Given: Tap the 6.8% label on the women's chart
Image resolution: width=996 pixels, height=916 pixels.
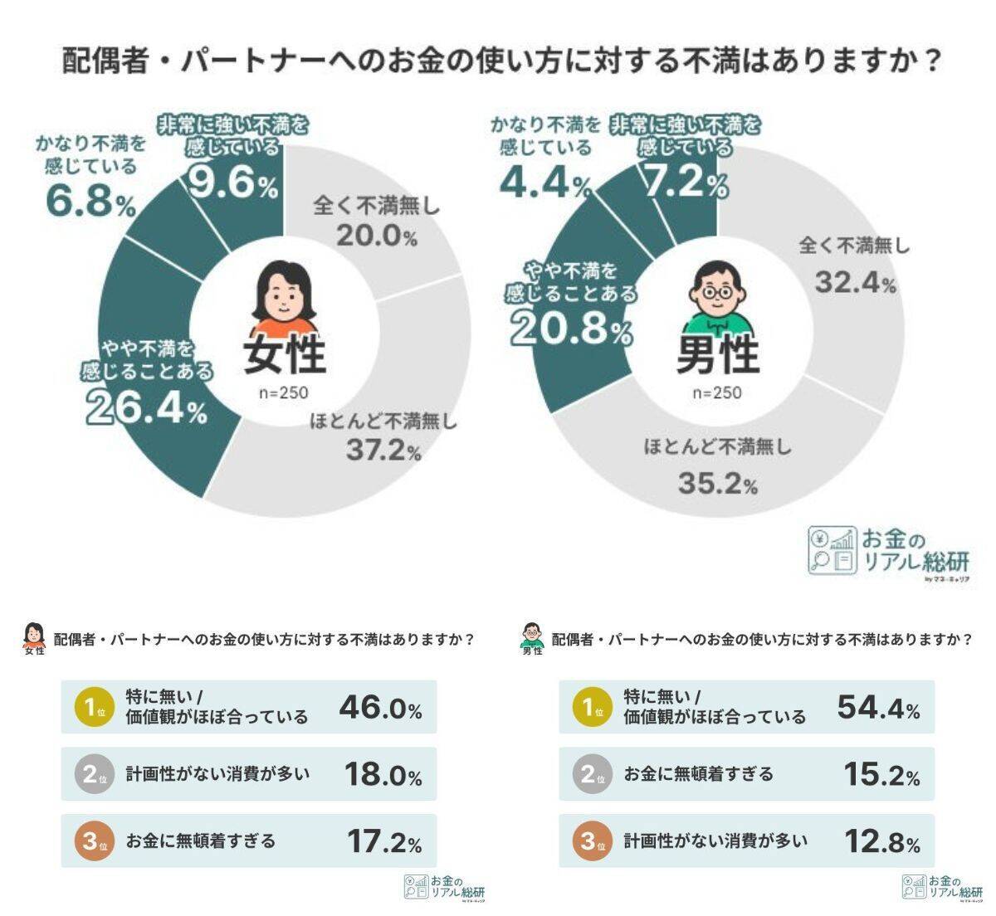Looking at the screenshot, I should tap(90, 202).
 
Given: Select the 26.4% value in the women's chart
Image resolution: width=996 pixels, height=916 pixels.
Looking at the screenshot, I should tap(146, 407).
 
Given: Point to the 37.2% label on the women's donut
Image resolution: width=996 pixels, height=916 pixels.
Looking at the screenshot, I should tap(383, 451).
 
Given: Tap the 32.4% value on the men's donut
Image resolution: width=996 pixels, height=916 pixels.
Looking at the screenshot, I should tap(854, 283).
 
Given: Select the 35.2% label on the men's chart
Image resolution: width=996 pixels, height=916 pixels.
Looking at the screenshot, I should tap(717, 483).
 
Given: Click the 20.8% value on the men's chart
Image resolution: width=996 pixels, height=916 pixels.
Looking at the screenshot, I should tap(571, 329).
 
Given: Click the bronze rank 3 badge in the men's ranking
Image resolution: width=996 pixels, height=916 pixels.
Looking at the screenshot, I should tap(589, 841).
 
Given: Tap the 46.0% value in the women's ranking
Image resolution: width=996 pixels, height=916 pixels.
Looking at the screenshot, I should tap(380, 708).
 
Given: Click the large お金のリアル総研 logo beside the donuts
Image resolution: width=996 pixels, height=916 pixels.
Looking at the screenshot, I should tap(889, 551).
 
